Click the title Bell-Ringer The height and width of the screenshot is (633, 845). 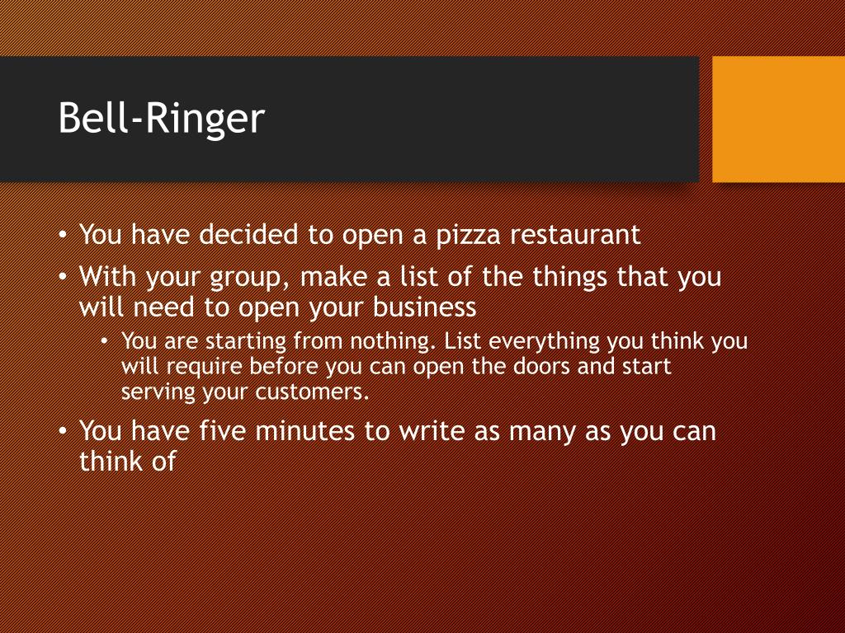pyautogui.click(x=162, y=120)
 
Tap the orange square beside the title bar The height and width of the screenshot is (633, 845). pyautogui.click(x=778, y=119)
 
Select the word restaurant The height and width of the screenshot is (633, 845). pyautogui.click(x=574, y=235)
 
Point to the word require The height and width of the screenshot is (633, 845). pyautogui.click(x=205, y=367)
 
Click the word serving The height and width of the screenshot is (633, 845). pyautogui.click(x=158, y=392)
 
